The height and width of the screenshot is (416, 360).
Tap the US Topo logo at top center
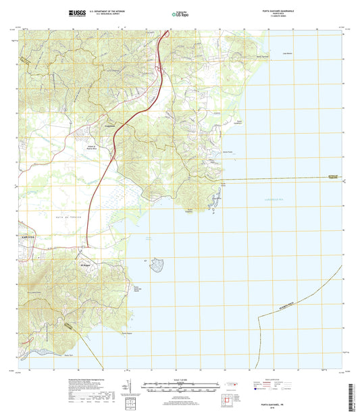179,13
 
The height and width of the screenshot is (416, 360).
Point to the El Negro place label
86,256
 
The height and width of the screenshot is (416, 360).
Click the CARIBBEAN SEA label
274,200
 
